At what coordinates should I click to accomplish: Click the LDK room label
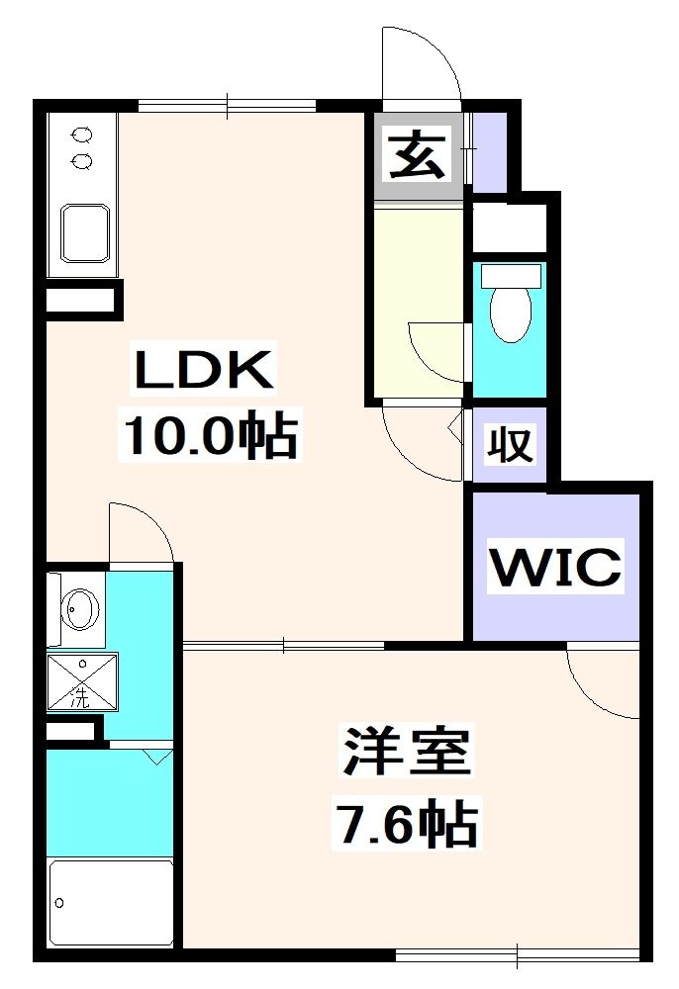202,372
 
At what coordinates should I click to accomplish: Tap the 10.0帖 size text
209,434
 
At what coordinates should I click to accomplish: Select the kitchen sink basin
86,234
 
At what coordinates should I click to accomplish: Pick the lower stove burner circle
83,159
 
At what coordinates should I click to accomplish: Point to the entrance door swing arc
424,61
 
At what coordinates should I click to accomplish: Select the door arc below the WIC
602,682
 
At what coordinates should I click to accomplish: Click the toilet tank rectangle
511,275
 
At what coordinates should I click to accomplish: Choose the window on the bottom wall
517,954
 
